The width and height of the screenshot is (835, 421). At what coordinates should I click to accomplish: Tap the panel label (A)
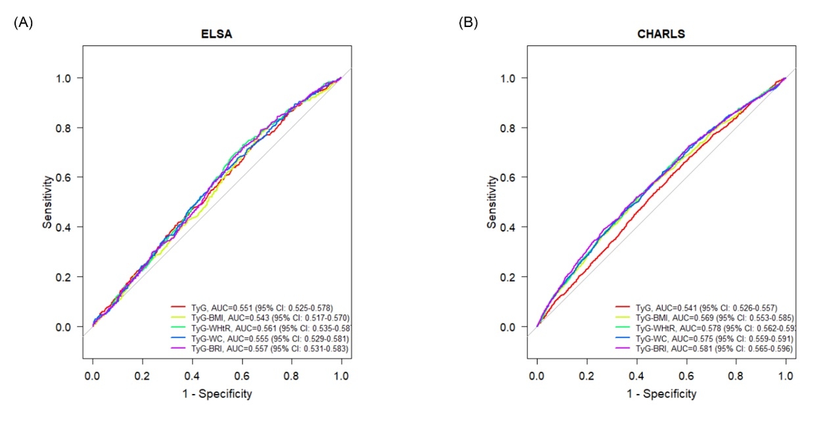pyautogui.click(x=23, y=22)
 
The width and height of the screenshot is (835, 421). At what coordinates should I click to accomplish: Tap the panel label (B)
pyautogui.click(x=467, y=22)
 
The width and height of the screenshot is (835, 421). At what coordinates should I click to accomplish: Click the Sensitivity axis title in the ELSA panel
pyautogui.click(x=47, y=202)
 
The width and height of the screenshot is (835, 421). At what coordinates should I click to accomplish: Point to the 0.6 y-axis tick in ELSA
pyautogui.click(x=66, y=178)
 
